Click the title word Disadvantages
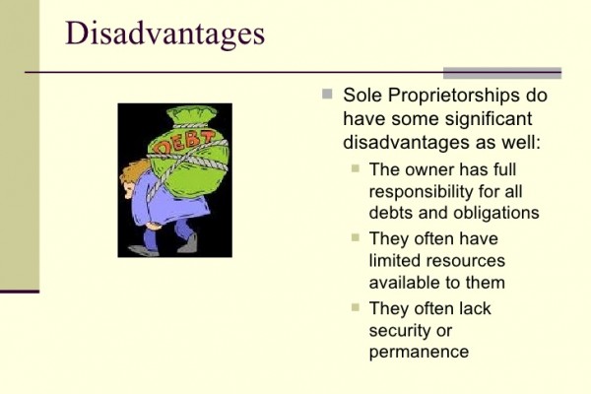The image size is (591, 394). [x=165, y=34]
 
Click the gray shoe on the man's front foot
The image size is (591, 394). [x=143, y=250]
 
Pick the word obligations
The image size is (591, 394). [x=496, y=214]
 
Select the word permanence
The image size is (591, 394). [x=419, y=353]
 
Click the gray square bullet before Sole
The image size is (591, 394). [x=327, y=94]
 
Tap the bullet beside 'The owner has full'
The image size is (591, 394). [x=356, y=168]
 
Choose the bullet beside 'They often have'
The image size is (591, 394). [x=356, y=237]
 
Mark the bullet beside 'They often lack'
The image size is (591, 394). [x=356, y=307]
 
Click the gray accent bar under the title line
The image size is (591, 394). [x=502, y=73]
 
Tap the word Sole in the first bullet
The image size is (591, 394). [x=362, y=96]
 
